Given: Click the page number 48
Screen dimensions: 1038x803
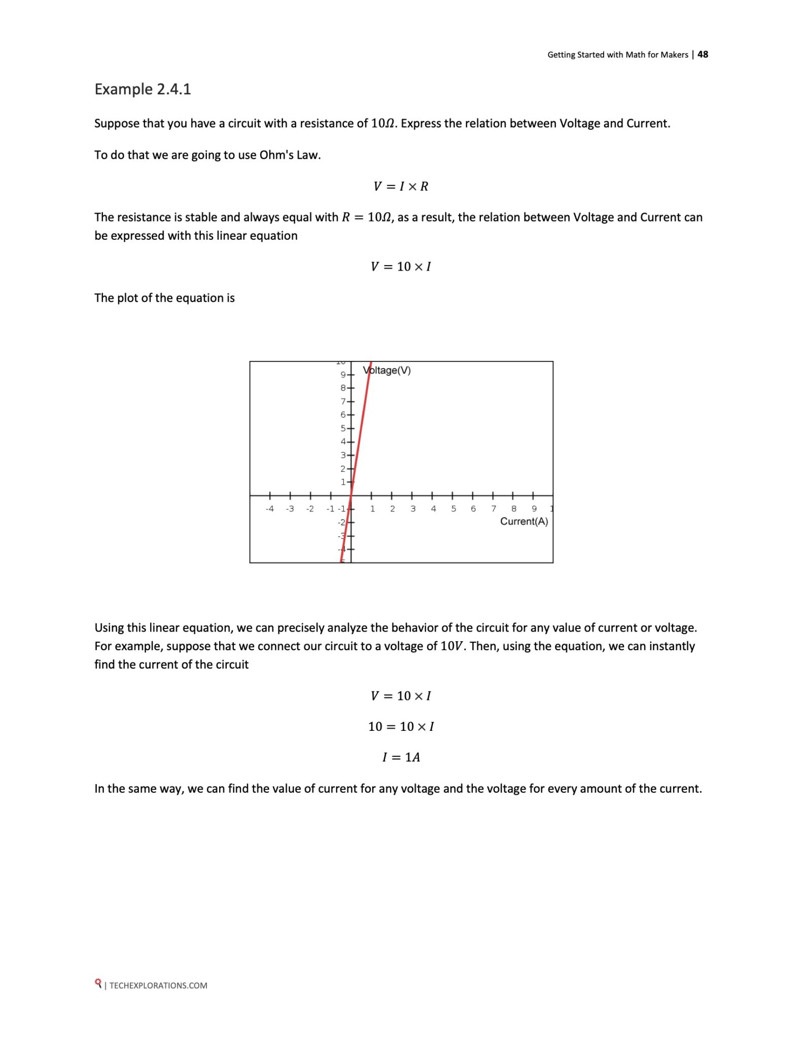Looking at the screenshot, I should tap(703, 54).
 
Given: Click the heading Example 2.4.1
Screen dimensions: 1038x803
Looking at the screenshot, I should tap(143, 89).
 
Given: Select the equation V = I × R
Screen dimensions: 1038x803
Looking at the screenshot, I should tap(401, 187).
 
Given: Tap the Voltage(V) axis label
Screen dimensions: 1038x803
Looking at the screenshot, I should tap(387, 370).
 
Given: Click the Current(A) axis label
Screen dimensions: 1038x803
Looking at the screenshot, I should tap(524, 522).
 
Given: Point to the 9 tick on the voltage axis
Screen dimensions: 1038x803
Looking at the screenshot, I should tap(343, 375).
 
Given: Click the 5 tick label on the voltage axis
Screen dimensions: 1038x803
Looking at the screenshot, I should tap(343, 428).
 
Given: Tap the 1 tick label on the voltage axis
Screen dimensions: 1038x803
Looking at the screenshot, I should tap(343, 482).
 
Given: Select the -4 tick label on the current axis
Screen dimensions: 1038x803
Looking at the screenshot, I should tap(270, 509).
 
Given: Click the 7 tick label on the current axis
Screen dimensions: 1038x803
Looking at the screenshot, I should tap(494, 509).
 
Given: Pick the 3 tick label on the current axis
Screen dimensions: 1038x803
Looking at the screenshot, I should tap(413, 509).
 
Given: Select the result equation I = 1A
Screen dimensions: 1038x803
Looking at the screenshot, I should tap(401, 757).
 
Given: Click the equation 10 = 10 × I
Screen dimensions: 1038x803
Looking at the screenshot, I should tap(401, 726).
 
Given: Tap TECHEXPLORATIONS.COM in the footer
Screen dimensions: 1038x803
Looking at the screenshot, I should tap(158, 985).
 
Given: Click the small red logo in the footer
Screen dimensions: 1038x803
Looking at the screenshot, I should tap(98, 984).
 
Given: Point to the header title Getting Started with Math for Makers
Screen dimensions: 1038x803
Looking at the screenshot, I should tap(617, 55).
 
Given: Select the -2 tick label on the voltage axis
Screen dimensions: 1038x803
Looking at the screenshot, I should tap(342, 522).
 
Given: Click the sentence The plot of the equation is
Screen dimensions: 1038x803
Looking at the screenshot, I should tap(164, 298).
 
